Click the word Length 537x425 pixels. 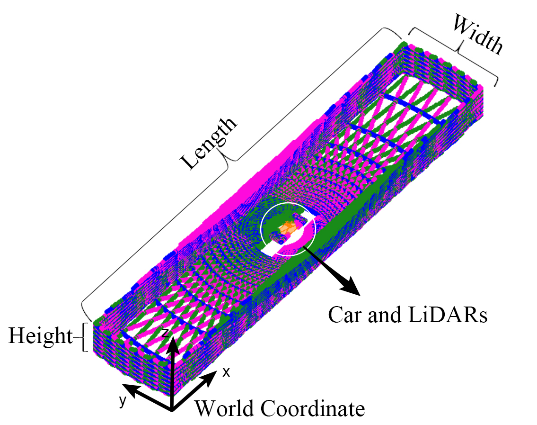click(210, 143)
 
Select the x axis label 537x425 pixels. click(226, 372)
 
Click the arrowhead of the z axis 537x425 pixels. click(172, 338)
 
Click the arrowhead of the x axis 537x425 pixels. click(211, 374)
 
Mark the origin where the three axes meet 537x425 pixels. click(172, 408)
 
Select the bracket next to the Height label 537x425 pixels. click(85, 337)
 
